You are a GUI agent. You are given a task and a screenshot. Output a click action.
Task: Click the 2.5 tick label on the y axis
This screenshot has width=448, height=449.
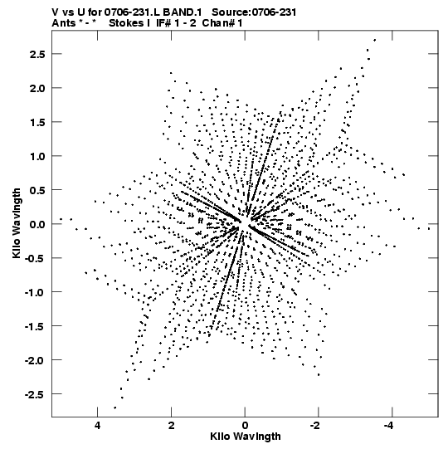(x=37, y=54)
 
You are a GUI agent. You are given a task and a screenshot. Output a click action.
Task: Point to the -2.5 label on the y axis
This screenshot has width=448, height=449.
(x=35, y=394)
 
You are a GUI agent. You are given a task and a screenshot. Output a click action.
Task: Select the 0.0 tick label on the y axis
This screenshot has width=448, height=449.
(x=37, y=224)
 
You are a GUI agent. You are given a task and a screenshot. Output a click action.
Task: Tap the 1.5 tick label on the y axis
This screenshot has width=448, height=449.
(x=37, y=122)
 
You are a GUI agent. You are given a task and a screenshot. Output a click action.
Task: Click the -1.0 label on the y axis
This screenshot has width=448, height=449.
(x=35, y=292)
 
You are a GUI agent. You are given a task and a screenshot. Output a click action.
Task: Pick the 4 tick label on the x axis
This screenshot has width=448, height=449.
(x=98, y=426)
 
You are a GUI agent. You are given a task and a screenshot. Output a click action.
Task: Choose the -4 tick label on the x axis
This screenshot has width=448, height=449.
(x=388, y=426)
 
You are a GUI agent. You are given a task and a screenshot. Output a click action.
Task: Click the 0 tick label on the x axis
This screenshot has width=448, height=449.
(x=245, y=426)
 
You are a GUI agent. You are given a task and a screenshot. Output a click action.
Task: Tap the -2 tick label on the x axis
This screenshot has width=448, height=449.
(x=315, y=426)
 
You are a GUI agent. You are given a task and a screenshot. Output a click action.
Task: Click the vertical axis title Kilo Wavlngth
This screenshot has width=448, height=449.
(x=17, y=223)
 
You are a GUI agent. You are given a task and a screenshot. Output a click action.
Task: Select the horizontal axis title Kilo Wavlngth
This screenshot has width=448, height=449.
(x=246, y=437)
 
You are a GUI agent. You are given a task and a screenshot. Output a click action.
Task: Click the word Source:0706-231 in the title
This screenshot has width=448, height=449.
(x=254, y=12)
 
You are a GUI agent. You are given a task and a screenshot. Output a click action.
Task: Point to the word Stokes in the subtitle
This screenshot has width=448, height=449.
(x=126, y=23)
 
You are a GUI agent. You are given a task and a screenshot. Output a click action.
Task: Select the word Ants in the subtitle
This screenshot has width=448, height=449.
(x=63, y=23)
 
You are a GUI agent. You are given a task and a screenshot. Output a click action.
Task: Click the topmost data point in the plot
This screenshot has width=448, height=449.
(x=375, y=40)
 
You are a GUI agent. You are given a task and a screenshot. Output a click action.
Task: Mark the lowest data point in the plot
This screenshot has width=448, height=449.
(x=115, y=408)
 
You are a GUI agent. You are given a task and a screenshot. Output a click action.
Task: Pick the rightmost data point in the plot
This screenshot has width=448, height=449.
(x=429, y=228)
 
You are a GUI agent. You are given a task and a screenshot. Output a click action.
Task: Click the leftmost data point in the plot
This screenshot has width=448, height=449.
(x=61, y=219)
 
